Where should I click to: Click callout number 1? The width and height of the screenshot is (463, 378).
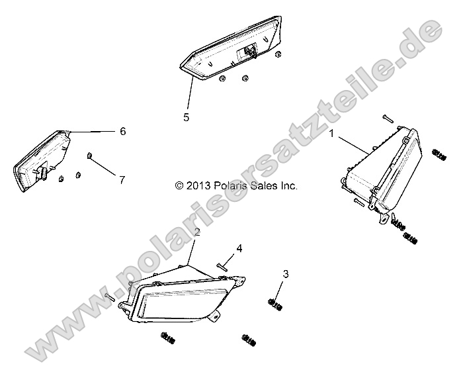(x=331, y=134)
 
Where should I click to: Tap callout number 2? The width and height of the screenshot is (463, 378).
(x=197, y=232)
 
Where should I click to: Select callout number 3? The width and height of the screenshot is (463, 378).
(x=286, y=274)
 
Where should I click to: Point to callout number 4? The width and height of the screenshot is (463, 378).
(x=239, y=249)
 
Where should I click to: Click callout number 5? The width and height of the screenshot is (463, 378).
(x=186, y=117)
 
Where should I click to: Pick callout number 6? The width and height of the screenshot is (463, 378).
(x=123, y=131)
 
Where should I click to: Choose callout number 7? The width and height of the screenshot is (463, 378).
(x=122, y=180)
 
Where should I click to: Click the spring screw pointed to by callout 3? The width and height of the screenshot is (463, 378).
(x=274, y=305)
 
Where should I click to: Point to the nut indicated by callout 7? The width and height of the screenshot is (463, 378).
(x=89, y=155)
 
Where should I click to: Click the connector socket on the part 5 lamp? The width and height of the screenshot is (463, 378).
(x=249, y=51)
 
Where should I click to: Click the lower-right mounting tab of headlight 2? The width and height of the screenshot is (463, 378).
(x=216, y=316)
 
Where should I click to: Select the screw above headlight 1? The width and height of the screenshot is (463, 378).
(x=388, y=118)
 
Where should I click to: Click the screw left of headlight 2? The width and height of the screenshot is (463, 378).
(x=110, y=296)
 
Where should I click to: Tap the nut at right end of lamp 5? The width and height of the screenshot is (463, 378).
(x=278, y=54)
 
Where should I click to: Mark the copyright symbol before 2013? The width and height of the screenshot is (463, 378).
(x=179, y=186)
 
